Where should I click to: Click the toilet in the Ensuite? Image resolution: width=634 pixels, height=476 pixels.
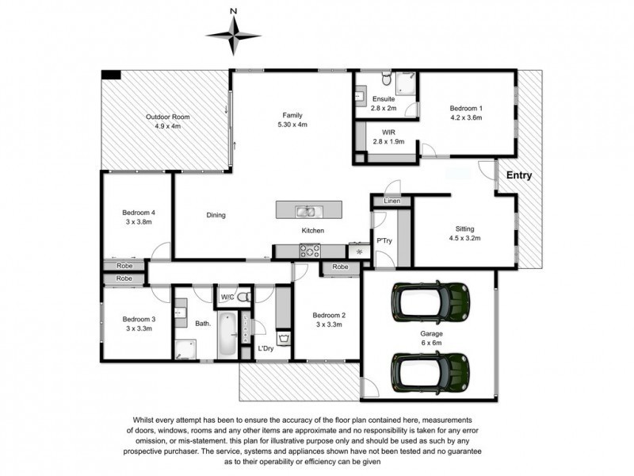387,79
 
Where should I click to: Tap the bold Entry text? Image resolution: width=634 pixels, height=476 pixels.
519,175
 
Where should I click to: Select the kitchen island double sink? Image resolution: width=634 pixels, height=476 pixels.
308,211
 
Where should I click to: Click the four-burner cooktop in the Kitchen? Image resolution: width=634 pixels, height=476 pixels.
310,251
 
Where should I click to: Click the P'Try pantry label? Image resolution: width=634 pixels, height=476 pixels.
384,241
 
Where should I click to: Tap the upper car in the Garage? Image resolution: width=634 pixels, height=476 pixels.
430,302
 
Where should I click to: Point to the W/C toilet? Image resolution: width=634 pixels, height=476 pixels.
244,297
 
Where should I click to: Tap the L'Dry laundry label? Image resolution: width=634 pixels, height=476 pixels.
265,348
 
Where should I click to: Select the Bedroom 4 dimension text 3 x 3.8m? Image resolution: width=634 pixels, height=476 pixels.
139,222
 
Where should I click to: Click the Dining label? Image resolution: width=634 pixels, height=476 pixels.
216,215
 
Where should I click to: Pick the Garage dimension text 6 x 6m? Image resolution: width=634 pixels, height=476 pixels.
431,343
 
